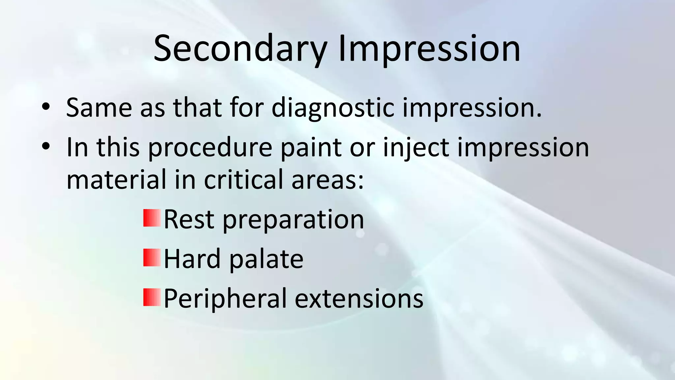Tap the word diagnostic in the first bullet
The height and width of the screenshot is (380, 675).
pos(333,108)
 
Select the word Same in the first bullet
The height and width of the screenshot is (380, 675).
pos(99,108)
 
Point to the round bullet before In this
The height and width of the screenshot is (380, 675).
pos(46,146)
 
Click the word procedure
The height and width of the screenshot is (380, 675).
pos(210,148)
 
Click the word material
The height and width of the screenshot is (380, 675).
pos(116,179)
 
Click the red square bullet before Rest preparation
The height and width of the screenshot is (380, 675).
pos(152,218)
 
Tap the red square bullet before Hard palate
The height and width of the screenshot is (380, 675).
pos(152,258)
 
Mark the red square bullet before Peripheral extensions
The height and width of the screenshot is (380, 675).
pos(152,297)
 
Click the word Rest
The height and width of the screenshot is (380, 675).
pos(189,220)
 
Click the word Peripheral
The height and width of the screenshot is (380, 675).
pos(225,299)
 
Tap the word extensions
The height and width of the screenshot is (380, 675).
pos(359,299)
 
